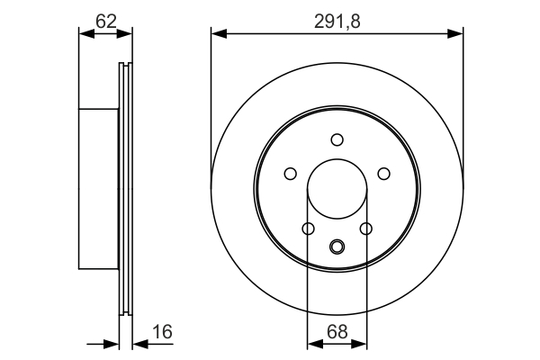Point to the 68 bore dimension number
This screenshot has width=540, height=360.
tap(337, 332)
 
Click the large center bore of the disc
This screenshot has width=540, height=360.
tap(337, 191)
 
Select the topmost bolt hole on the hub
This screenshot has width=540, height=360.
tap(337, 139)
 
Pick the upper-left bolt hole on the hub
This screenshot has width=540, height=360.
tap(290, 174)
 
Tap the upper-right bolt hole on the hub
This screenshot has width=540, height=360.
tap(383, 174)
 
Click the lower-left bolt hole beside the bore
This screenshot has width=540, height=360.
tap(308, 229)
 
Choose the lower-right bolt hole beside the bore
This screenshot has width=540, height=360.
tap(365, 229)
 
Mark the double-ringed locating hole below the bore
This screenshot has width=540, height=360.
tap(337, 246)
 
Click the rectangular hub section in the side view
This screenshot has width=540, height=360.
tap(99, 189)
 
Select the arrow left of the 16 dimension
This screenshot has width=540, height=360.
tap(112, 343)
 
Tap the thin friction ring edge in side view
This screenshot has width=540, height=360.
tap(125, 189)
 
